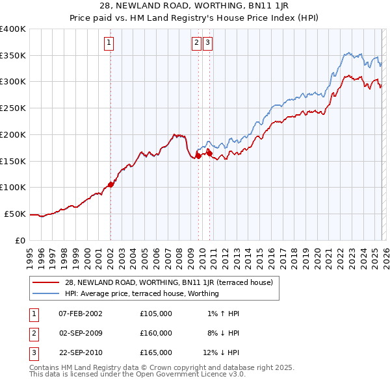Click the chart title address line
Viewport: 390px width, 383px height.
point(195,6)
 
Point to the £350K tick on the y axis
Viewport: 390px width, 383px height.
point(13,56)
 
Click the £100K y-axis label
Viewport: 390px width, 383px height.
point(13,188)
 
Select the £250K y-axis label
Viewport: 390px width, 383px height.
point(13,108)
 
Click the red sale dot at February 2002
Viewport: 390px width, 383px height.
point(111,184)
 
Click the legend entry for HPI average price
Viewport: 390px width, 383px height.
point(142,293)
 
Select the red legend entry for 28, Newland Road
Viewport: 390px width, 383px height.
point(172,282)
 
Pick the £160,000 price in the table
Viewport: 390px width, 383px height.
point(156,333)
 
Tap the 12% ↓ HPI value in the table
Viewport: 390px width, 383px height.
point(221,352)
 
